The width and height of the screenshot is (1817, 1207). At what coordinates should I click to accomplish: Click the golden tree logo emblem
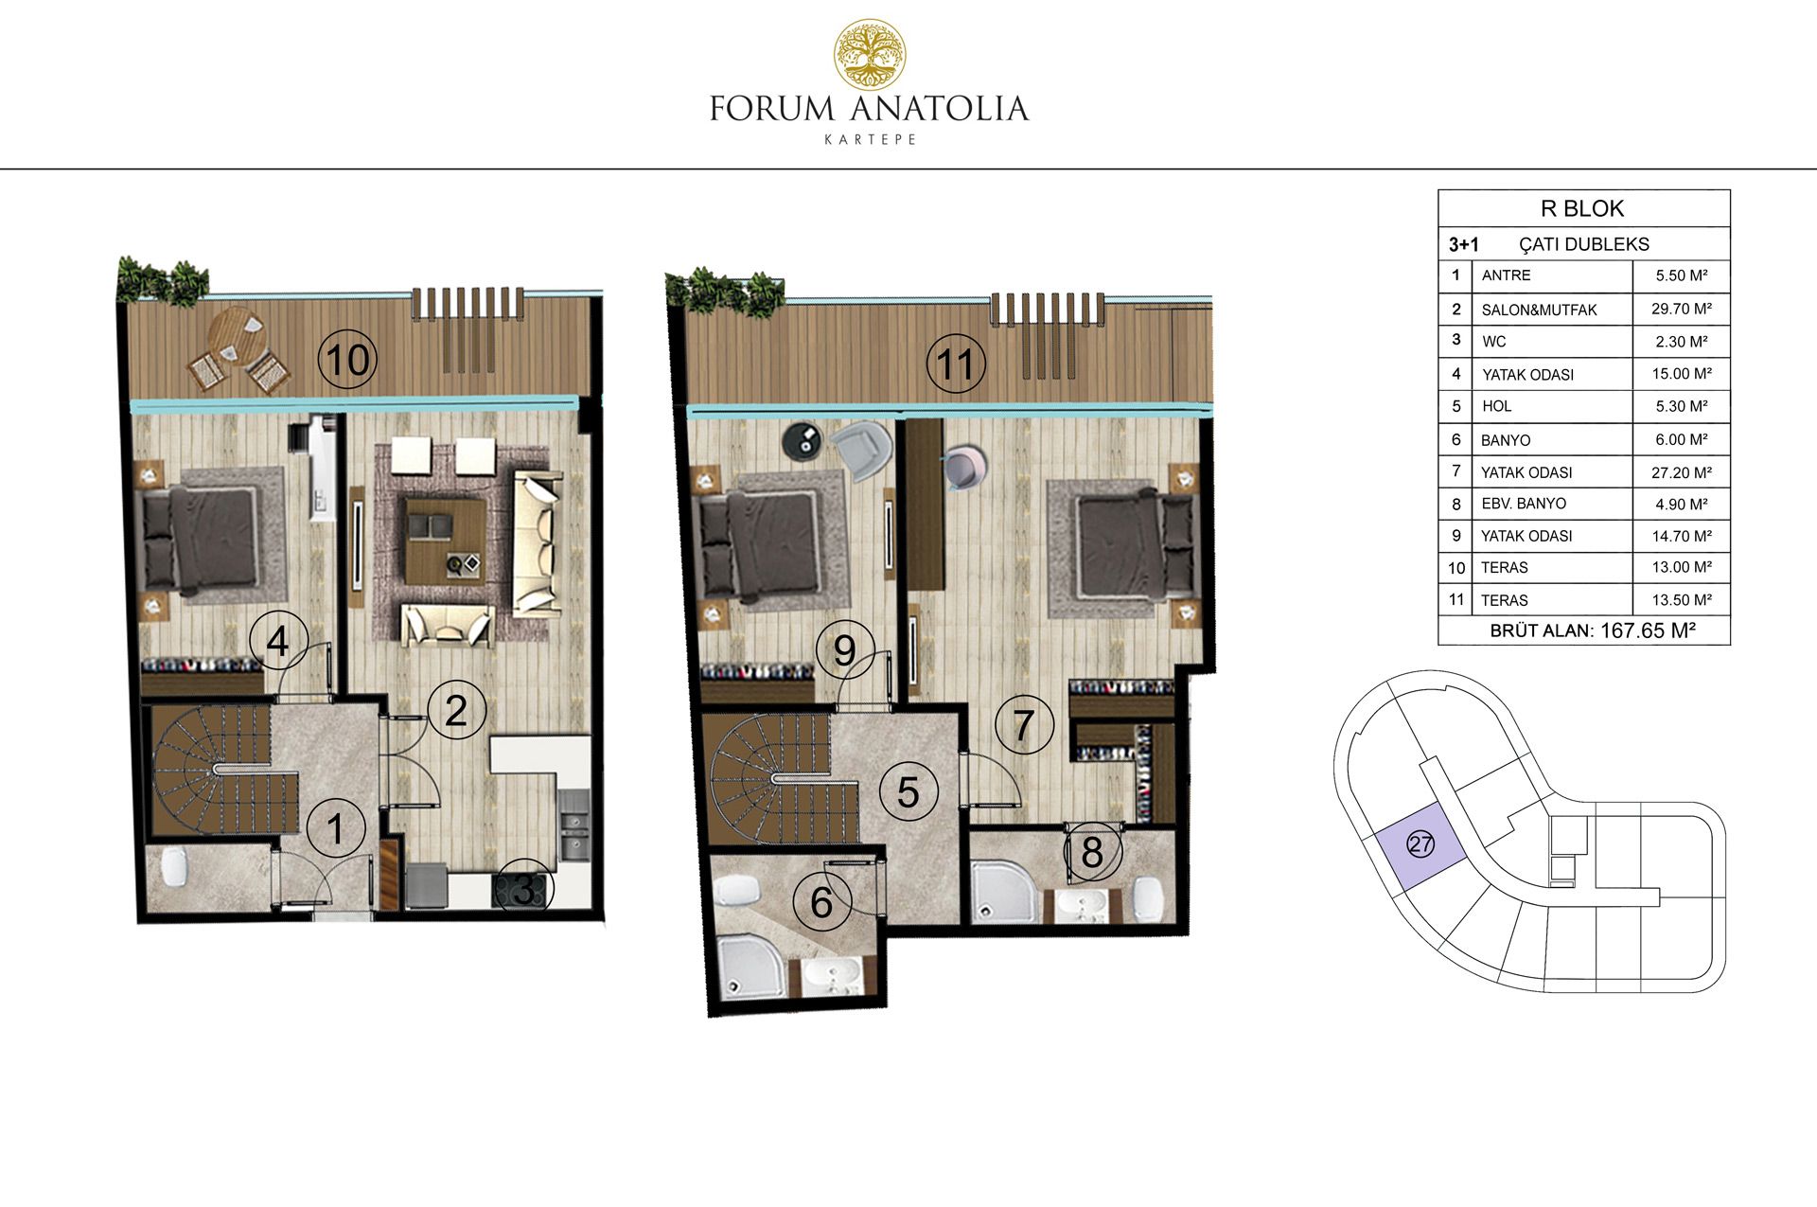tap(869, 55)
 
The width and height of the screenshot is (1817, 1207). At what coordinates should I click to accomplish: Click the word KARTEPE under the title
tap(871, 139)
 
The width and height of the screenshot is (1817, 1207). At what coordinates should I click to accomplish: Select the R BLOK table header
tap(1582, 208)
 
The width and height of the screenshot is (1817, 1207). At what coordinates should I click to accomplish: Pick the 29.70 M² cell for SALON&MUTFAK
tap(1682, 309)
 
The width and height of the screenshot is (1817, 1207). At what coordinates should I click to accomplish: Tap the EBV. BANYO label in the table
tap(1524, 504)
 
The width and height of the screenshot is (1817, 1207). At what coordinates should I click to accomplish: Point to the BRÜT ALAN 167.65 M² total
tap(1593, 630)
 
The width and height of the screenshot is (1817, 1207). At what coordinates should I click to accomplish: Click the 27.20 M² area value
tap(1682, 471)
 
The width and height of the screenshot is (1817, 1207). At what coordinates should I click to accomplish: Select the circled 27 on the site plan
tap(1420, 843)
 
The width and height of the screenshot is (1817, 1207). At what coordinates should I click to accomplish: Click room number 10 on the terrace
tap(347, 360)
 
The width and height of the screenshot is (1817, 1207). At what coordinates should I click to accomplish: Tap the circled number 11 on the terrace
tap(955, 364)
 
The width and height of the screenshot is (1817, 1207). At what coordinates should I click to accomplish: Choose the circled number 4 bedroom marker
tap(278, 642)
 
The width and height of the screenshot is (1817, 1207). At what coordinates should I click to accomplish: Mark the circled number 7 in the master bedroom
tap(1023, 725)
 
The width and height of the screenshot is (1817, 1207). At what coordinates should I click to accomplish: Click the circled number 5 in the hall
tap(908, 792)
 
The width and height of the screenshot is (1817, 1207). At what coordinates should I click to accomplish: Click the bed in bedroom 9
tap(757, 543)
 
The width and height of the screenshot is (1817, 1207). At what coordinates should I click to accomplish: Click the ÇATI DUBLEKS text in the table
tap(1584, 244)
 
